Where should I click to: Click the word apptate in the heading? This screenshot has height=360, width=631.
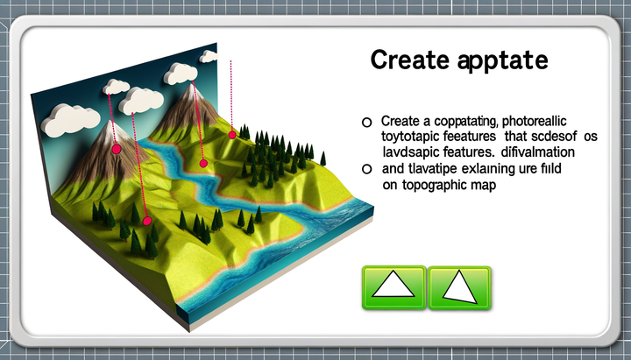(x=504, y=60)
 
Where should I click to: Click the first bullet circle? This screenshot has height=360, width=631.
(x=367, y=122)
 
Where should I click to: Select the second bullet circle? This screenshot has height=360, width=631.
(x=367, y=168)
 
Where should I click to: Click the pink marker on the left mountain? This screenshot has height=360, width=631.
(x=116, y=150)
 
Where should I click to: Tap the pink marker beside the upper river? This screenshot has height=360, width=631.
(x=203, y=163)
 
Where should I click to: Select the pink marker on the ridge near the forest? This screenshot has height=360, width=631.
(x=232, y=134)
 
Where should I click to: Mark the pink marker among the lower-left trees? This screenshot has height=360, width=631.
(x=147, y=221)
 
